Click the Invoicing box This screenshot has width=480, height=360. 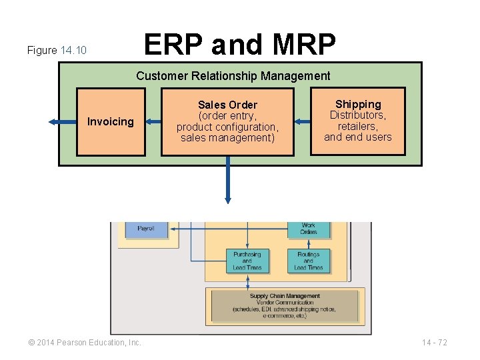111,121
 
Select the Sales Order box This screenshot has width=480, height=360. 227,121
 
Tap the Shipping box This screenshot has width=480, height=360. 358,121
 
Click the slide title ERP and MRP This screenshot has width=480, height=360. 240,45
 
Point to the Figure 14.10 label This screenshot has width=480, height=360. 57,51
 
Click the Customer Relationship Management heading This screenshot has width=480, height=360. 233,76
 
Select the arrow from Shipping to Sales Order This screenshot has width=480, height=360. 302,121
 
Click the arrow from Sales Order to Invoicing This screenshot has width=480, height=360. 153,121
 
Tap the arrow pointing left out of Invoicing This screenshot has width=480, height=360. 62,121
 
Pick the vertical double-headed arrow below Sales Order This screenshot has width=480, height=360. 227,179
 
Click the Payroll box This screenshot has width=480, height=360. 145,229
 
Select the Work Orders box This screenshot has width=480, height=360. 308,229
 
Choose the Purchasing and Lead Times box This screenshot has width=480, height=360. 247,261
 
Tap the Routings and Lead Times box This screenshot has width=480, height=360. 308,261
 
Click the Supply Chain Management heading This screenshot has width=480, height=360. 285,296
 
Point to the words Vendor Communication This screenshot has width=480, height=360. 285,303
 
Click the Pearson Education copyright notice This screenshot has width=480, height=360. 85,343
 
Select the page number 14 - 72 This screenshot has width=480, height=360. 435,343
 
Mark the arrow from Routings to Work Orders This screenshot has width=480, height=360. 308,243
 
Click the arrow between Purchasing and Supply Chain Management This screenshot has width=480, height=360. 247,281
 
